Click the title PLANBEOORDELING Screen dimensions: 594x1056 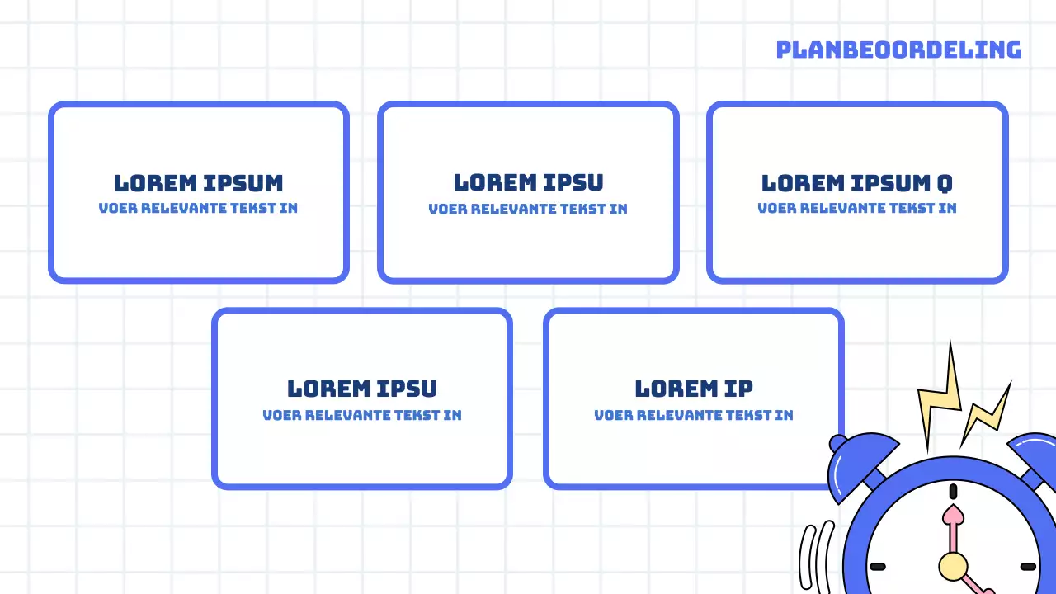coord(898,49)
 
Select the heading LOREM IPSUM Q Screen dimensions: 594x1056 coord(857,182)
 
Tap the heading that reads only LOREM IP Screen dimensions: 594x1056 coord(693,388)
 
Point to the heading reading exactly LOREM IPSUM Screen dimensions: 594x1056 coord(198,182)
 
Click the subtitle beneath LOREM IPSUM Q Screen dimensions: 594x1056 coord(857,208)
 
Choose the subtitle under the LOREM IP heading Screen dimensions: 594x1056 coord(693,415)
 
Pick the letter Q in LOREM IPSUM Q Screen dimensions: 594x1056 coord(945,183)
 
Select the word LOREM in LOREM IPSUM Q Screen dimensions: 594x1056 coord(803,182)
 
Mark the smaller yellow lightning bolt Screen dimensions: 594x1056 coord(988,412)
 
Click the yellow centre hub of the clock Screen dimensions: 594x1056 coord(953,566)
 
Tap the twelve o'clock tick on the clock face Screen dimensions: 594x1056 coord(954,492)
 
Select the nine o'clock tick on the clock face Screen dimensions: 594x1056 coord(878,567)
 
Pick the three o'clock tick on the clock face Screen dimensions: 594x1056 coord(1028,567)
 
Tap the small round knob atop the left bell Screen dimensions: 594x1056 coord(837,443)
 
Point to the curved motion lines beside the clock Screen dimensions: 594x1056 coord(817,561)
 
